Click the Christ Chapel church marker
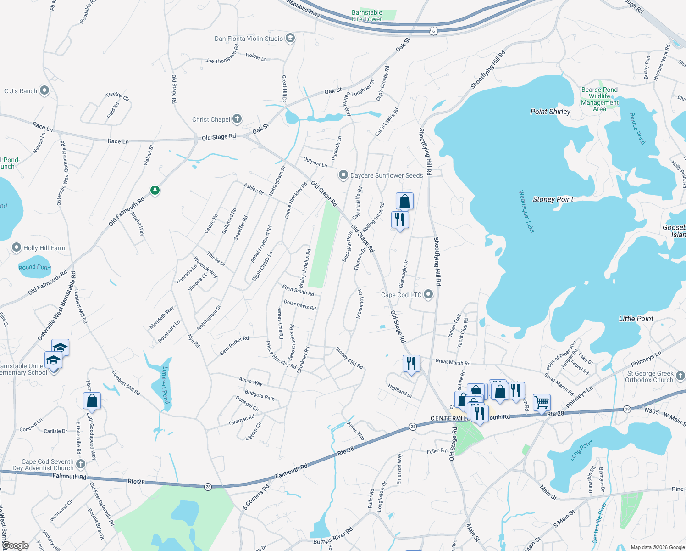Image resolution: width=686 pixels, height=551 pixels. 237,119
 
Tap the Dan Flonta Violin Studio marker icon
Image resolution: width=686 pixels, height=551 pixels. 290,38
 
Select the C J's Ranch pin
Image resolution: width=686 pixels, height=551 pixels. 44,90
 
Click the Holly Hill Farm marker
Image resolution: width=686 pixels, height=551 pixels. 17,248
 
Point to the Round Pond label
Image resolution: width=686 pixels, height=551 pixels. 34,267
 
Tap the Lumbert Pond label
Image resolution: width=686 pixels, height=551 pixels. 165,385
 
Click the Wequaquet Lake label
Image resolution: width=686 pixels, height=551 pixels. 526,212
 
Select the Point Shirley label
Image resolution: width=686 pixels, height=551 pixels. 550,112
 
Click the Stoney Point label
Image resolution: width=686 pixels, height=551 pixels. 553,199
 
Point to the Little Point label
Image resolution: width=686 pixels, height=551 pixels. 636,319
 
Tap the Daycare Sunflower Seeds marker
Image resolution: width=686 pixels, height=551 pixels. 343,175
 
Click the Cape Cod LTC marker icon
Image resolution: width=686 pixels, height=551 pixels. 428,294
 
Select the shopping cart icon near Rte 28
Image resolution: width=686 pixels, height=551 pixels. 542,403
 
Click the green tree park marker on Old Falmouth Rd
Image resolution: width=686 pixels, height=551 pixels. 155,190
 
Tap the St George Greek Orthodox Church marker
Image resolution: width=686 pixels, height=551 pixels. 680,376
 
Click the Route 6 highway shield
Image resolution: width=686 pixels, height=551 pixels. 434,31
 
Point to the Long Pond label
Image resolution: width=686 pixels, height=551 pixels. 581,450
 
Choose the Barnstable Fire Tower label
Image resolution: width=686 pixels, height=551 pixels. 367,16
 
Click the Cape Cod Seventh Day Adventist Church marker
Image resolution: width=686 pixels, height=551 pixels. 81,464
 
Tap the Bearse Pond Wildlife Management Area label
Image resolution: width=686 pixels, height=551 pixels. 599,99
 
